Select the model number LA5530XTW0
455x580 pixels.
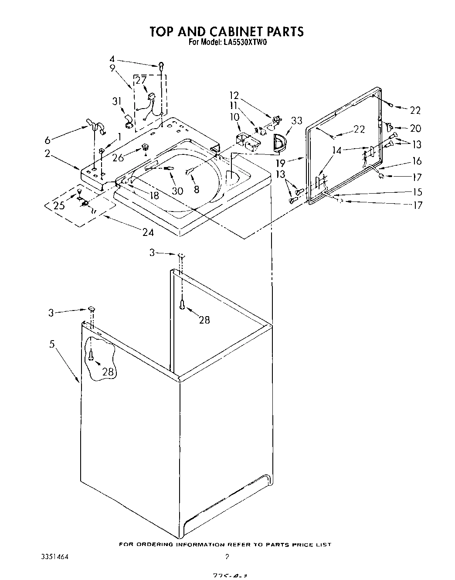[x=246, y=43]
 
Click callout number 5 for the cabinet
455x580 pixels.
[x=52, y=344]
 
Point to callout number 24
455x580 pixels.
[x=148, y=232]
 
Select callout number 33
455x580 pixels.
[x=297, y=121]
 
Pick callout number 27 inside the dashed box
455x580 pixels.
[x=141, y=81]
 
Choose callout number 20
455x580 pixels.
[x=416, y=128]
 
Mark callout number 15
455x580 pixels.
[x=417, y=191]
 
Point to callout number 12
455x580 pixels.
[x=234, y=95]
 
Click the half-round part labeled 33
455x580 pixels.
[x=277, y=144]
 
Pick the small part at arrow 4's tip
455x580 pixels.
[x=161, y=66]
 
